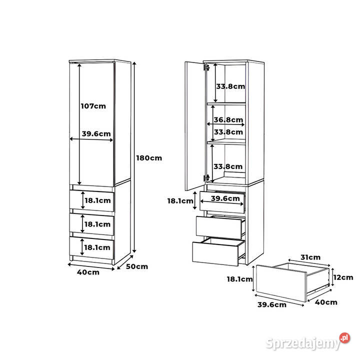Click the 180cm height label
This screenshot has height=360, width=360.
[x=149, y=158]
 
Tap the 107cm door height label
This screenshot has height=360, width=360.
[x=93, y=106]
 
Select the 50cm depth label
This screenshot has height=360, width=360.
[x=137, y=266]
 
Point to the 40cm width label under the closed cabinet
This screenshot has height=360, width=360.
[x=88, y=272]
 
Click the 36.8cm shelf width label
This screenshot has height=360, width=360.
[x=228, y=119]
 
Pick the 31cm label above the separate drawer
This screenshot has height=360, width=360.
[x=310, y=257]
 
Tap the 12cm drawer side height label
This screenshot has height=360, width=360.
[x=343, y=277]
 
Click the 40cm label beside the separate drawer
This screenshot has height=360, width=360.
[x=326, y=302]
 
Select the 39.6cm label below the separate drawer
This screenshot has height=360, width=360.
[x=272, y=304]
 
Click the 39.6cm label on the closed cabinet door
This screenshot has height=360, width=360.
[x=96, y=133]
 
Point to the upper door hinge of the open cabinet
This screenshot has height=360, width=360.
[x=206, y=67]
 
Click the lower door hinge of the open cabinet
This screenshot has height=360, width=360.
[x=206, y=177]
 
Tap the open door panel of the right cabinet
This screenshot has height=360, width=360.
[x=194, y=126]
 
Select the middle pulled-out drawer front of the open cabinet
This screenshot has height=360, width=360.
[x=219, y=228]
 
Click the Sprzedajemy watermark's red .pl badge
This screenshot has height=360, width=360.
[x=344, y=338]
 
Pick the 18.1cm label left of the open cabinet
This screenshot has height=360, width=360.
[x=180, y=201]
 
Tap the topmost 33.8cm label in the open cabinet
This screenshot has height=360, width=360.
[x=230, y=86]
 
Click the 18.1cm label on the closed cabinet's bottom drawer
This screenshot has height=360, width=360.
[x=97, y=247]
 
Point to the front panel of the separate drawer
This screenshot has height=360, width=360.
[x=281, y=283]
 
